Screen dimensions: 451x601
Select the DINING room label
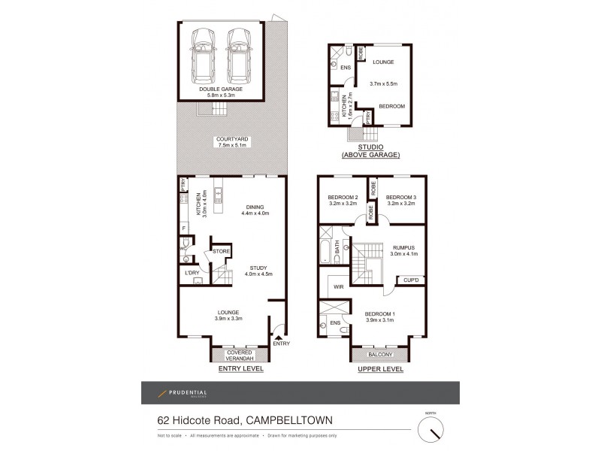(x=255, y=207)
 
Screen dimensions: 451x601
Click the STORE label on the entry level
(x=221, y=252)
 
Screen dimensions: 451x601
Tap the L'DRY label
(x=192, y=272)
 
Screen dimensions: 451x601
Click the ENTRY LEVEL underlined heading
(x=240, y=370)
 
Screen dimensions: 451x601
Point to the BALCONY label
(x=381, y=354)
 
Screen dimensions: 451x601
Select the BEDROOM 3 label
(x=400, y=196)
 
